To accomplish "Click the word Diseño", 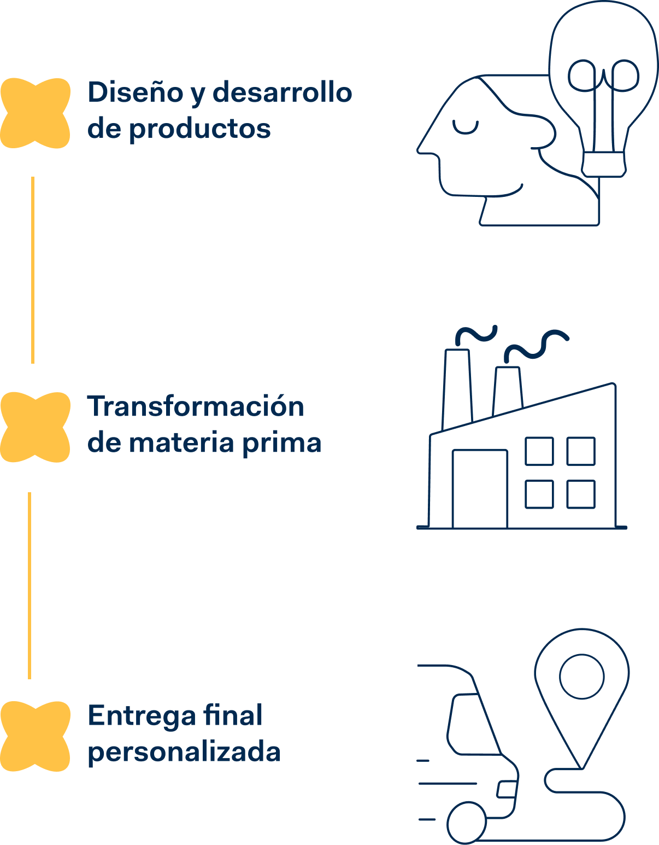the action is (x=136, y=92).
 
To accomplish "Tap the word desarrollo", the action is (x=283, y=92).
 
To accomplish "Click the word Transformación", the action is (x=195, y=406).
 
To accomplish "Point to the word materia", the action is (x=181, y=442).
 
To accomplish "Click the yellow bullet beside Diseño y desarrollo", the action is (x=36, y=113).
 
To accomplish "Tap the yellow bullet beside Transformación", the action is (x=36, y=427).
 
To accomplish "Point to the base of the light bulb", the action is (x=604, y=164).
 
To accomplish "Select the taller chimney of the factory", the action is (x=457, y=389).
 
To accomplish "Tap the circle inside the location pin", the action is (x=582, y=677).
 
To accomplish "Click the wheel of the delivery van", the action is (x=467, y=823).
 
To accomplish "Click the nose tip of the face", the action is (x=418, y=151).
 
